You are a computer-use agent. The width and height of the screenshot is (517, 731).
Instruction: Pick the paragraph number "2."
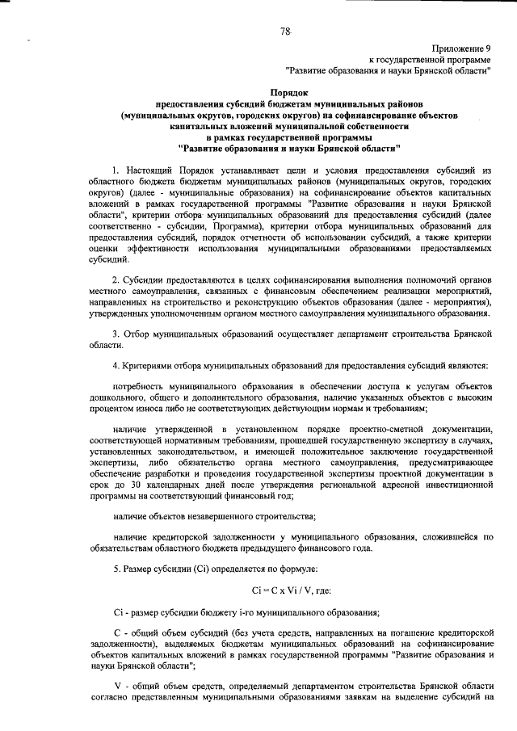(116, 279)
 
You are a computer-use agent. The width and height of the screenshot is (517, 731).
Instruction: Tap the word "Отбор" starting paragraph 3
(138, 333)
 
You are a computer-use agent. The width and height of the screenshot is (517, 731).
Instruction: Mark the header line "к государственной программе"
(428, 59)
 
